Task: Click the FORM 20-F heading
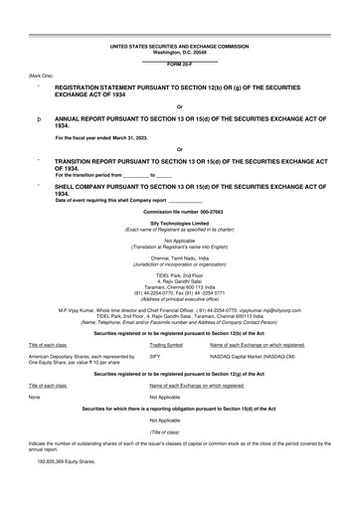180,66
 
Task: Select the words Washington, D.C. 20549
180,52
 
